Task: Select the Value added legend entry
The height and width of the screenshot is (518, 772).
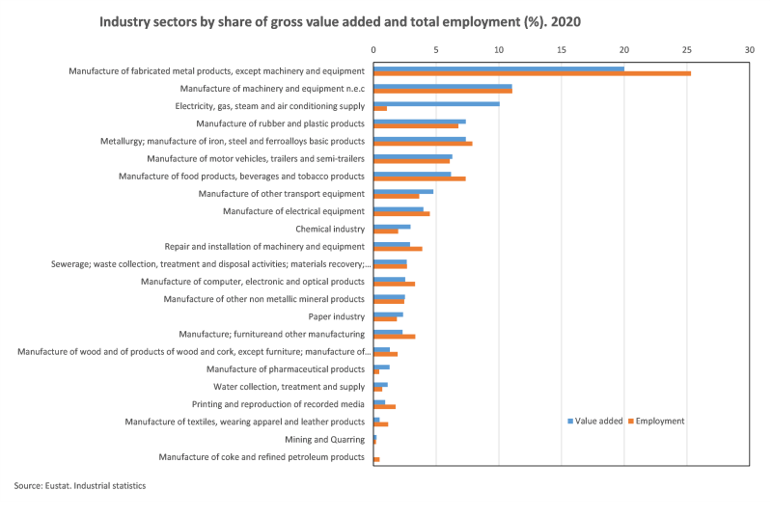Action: (x=598, y=421)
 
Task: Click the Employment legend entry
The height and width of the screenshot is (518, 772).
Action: (x=660, y=421)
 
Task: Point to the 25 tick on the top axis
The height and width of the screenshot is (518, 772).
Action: (x=686, y=50)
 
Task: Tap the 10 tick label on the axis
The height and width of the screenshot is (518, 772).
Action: (x=498, y=50)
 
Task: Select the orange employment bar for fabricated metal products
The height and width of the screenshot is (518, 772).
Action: (x=532, y=73)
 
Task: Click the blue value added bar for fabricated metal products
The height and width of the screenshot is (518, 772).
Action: (x=498, y=68)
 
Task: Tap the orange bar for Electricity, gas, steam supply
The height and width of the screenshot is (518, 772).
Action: (x=380, y=108)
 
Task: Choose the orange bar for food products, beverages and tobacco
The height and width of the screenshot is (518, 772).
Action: (x=420, y=178)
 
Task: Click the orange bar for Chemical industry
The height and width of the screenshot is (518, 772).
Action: (x=386, y=232)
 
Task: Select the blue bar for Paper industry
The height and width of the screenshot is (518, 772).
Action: (x=388, y=314)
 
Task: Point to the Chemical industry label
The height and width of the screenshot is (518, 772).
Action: (x=330, y=230)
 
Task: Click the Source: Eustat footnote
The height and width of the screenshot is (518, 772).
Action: (x=80, y=486)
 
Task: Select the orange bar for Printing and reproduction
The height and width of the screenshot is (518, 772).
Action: (x=384, y=406)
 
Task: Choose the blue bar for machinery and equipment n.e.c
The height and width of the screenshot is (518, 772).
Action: (x=443, y=87)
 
